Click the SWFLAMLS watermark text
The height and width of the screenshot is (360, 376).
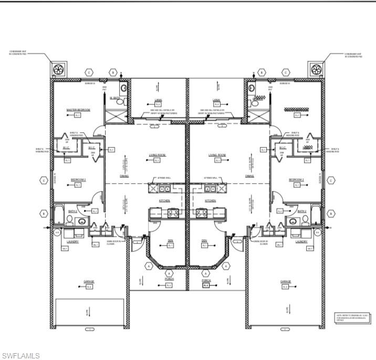tap(20, 356)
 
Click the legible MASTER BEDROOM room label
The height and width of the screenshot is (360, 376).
tap(78, 110)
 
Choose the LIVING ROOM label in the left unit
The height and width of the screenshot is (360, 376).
tap(159, 155)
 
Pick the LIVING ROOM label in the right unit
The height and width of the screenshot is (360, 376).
tap(216, 155)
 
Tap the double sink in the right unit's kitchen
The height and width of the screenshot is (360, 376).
tap(211, 188)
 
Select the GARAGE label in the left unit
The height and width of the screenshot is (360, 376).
tap(89, 282)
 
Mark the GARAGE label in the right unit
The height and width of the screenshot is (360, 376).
tap(286, 282)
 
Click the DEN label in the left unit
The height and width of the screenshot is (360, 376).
tap(170, 241)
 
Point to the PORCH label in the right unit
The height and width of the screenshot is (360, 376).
tap(206, 280)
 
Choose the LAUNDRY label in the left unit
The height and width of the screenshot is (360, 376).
tap(72, 242)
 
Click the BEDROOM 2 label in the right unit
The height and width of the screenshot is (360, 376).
tap(296, 179)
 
